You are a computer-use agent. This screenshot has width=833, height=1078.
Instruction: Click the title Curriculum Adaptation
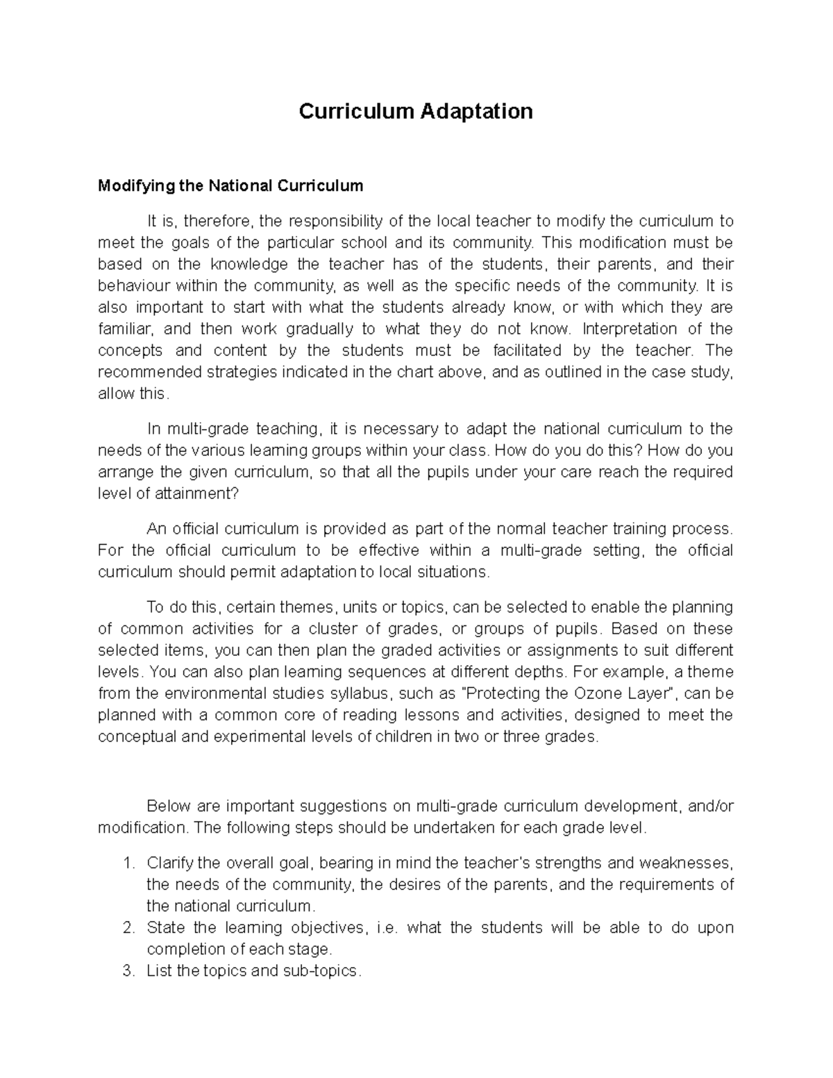(x=415, y=111)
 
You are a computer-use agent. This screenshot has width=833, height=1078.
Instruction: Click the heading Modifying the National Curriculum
(x=230, y=186)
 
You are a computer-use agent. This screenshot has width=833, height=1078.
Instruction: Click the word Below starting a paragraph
(x=169, y=807)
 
